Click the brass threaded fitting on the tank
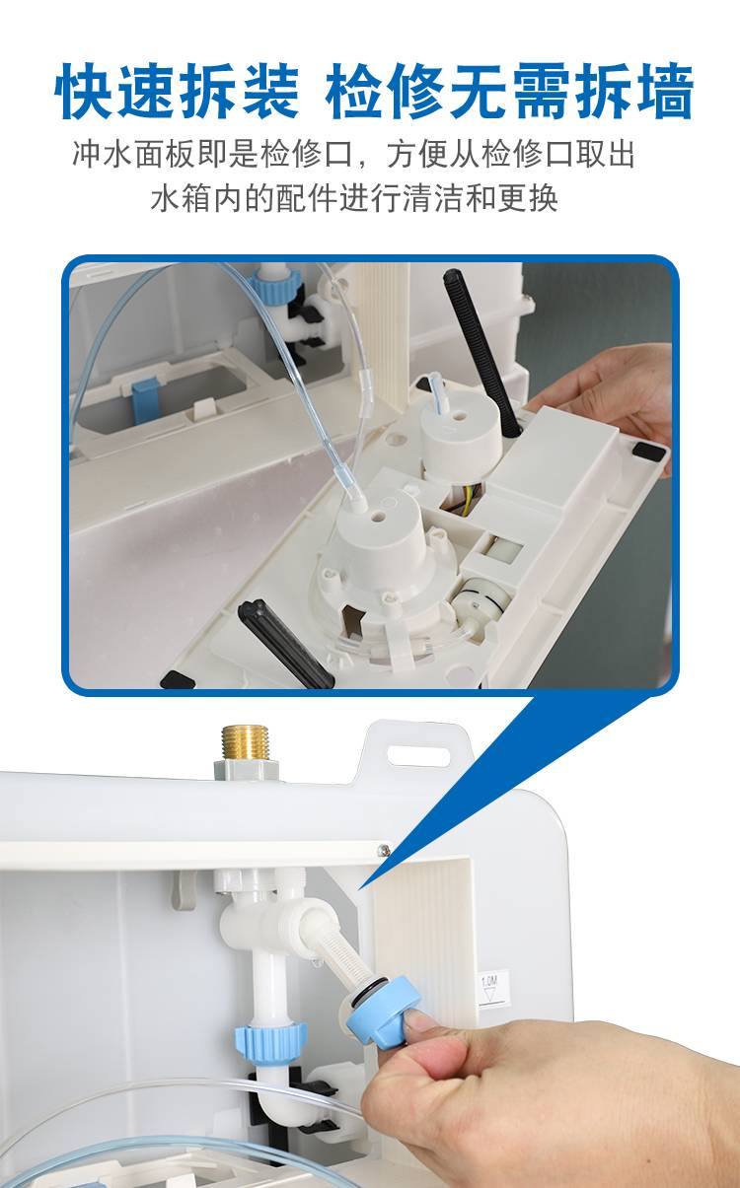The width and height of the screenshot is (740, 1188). coord(246,742)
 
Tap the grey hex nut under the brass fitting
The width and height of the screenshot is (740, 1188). coord(247,770)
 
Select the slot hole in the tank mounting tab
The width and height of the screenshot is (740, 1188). coord(417,754)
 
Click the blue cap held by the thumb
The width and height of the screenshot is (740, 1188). coord(383,1003)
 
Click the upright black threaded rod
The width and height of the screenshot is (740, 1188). coord(481,352)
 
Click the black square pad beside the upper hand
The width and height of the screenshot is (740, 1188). coord(648,453)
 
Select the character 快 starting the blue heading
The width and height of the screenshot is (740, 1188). coord(85,91)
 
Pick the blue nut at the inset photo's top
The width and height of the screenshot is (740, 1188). coord(275,282)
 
